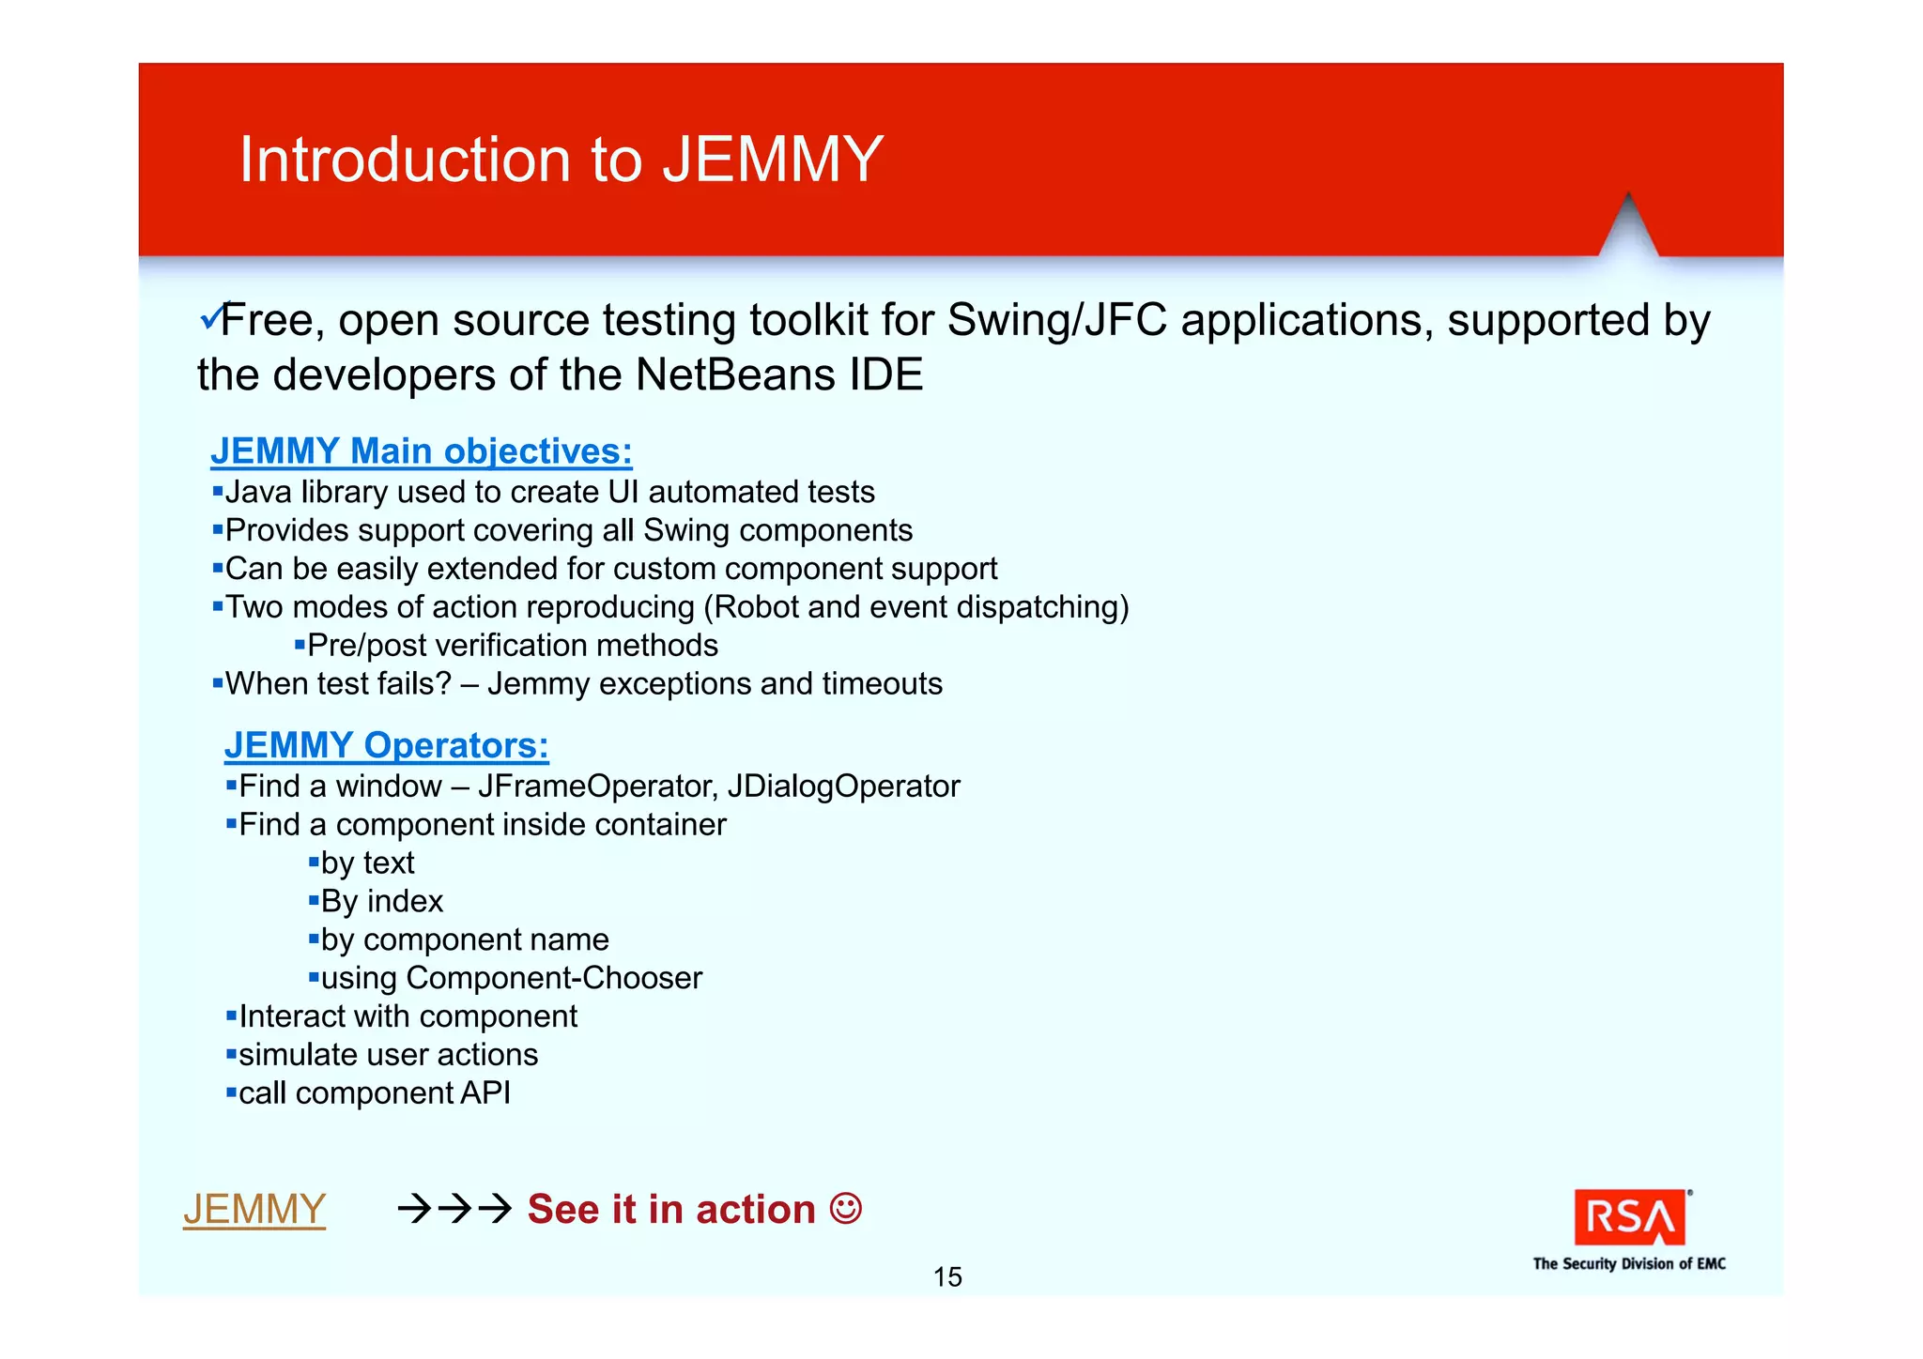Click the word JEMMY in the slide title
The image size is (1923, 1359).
772,160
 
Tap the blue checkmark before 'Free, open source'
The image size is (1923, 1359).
210,318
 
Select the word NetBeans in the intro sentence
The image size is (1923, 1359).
734,374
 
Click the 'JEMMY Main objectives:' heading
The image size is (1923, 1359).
421,451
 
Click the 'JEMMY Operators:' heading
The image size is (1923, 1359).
386,745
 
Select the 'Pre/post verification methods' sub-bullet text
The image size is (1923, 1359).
512,646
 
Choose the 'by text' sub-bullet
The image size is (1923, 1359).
367,863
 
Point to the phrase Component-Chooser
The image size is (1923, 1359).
554,978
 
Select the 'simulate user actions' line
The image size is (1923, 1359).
388,1055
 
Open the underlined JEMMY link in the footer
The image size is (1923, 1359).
254,1209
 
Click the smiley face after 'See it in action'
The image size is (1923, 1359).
845,1208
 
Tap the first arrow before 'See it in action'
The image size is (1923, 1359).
413,1209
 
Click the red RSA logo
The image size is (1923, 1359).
1629,1217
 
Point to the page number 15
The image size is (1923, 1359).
947,1276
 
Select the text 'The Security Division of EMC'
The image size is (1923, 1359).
1629,1264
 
